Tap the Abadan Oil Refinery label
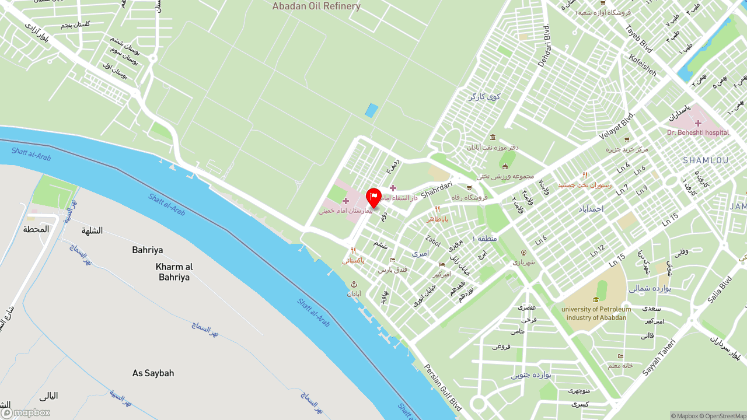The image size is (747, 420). tap(316, 6)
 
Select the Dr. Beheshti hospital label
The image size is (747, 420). tap(698, 132)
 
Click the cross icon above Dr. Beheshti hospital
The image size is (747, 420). tap(698, 123)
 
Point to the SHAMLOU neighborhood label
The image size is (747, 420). tap(706, 160)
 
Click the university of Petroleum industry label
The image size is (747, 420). tap(596, 313)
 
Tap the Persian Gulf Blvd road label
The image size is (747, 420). tap(443, 387)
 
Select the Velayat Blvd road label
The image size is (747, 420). tap(616, 126)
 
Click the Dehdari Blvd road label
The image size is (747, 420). tap(543, 45)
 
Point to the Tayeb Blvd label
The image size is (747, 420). tap(638, 38)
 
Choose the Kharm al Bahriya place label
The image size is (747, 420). tap(174, 272)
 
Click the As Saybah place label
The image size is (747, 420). tap(153, 373)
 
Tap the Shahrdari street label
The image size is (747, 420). tap(437, 188)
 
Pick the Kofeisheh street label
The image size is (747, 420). tap(643, 65)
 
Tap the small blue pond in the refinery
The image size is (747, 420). tap(371, 110)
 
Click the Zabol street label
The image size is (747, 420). tap(433, 240)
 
